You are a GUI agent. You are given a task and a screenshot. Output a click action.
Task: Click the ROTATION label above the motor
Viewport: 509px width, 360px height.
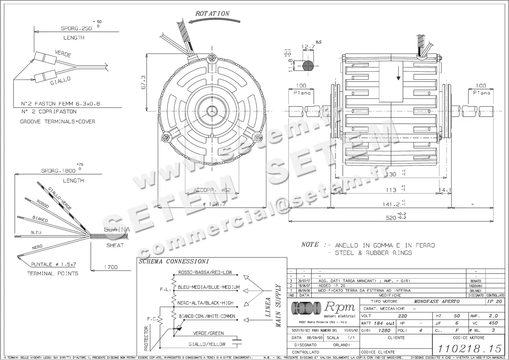[x=212, y=14]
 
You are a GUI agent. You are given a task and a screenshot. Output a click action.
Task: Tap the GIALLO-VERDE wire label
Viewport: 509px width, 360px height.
[x=60, y=198]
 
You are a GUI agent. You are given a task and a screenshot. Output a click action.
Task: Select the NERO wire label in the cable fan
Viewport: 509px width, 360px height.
[x=37, y=247]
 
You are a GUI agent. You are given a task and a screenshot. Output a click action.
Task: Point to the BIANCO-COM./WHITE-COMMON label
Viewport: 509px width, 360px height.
[x=207, y=316]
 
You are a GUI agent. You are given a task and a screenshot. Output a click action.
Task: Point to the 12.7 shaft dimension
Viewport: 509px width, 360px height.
[x=308, y=47]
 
